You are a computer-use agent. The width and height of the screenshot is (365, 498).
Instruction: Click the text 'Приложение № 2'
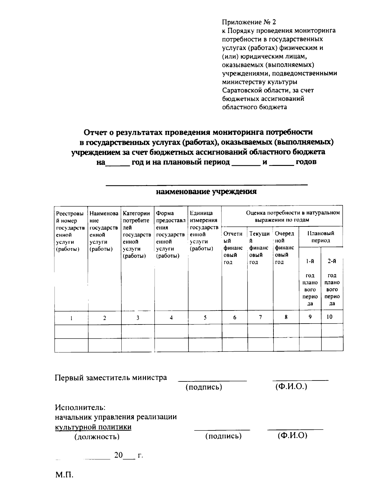[x=249, y=22]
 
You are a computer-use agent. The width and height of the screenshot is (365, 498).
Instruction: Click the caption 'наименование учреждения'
[x=206, y=192]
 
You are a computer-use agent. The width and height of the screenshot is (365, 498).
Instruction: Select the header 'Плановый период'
[x=321, y=237]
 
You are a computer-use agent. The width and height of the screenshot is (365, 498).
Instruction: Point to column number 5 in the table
[x=205, y=317]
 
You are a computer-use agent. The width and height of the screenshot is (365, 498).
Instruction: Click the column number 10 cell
[x=329, y=317]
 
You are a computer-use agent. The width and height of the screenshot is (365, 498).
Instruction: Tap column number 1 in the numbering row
[x=71, y=318]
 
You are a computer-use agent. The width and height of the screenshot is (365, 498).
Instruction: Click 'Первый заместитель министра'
[x=111, y=378]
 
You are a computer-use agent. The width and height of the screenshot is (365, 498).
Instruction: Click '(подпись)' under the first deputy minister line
[x=204, y=387]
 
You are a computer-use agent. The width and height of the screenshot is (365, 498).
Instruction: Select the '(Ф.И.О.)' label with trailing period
[x=291, y=387]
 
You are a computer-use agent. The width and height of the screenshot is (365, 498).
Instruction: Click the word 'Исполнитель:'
[x=80, y=407]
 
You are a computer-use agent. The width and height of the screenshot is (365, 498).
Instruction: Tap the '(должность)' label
[x=97, y=437]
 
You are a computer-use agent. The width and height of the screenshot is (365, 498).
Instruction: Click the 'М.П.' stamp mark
[x=64, y=475]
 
